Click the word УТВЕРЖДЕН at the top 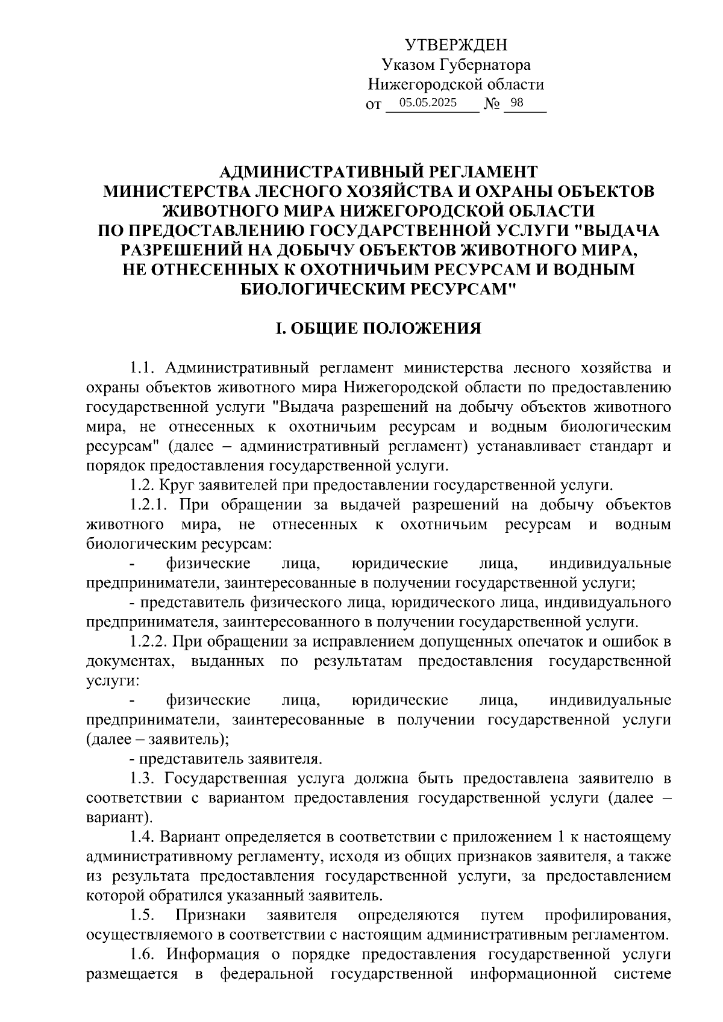(x=456, y=45)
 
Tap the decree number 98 (x=517, y=103)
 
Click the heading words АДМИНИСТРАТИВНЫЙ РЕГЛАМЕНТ (x=378, y=172)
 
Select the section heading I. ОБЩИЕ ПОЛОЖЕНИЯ (x=378, y=328)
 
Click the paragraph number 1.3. (x=143, y=778)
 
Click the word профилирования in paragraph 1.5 (x=607, y=916)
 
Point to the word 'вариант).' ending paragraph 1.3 (x=119, y=818)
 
